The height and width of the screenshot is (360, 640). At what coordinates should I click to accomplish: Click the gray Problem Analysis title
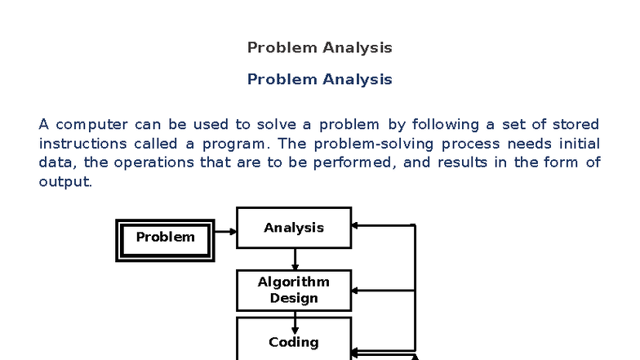pos(319,47)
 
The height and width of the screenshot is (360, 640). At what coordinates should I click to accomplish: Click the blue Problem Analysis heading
pos(319,79)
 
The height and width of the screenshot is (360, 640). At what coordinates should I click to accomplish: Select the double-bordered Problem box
pos(165,238)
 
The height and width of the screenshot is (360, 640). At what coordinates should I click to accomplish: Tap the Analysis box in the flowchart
pos(294,228)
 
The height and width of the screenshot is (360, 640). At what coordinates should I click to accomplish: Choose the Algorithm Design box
pos(294,290)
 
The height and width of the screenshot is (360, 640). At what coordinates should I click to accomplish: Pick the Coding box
pos(294,342)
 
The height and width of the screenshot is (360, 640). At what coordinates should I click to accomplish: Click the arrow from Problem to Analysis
pos(225,232)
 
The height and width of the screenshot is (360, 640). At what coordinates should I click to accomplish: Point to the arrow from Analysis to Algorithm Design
pos(295,260)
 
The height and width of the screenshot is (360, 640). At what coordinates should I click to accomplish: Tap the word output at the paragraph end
pos(64,181)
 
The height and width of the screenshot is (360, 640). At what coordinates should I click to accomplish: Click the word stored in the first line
pos(576,125)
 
